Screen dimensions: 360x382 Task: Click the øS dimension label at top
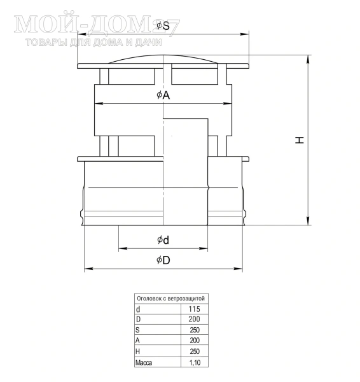(x=163, y=25)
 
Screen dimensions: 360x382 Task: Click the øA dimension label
(x=163, y=95)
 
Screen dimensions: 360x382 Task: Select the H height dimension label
(x=300, y=140)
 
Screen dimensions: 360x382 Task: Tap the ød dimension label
(x=163, y=240)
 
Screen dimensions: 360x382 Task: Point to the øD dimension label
(x=163, y=260)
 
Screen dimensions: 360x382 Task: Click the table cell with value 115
(x=194, y=309)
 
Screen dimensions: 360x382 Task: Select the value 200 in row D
(x=194, y=319)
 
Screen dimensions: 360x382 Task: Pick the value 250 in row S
(x=195, y=330)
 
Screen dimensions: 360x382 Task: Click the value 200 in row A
(x=195, y=341)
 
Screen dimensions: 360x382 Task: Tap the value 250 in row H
(x=195, y=351)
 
